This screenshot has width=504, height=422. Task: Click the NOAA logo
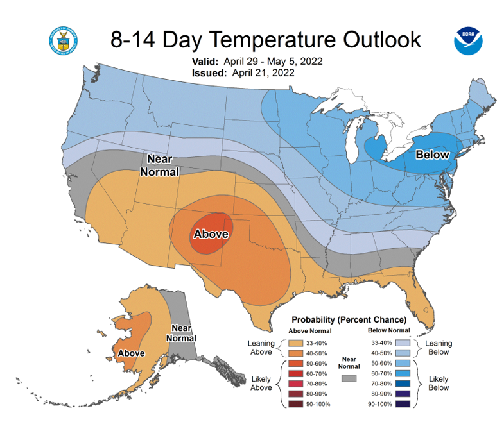pyautogui.click(x=468, y=41)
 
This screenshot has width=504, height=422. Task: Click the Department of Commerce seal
pyautogui.click(x=64, y=41)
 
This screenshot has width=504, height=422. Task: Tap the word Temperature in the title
pyautogui.click(x=274, y=40)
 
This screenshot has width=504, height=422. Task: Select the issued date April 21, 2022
pyautogui.click(x=263, y=73)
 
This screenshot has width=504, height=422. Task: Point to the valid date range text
pyautogui.click(x=273, y=62)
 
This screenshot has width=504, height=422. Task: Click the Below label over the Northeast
pyautogui.click(x=432, y=155)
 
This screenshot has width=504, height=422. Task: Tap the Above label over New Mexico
pyautogui.click(x=211, y=234)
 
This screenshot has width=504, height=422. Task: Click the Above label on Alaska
pyautogui.click(x=131, y=353)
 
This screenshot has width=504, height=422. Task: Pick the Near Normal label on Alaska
pyautogui.click(x=181, y=333)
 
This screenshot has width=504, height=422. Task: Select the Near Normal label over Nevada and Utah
pyautogui.click(x=160, y=165)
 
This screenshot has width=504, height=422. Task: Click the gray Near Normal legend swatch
pyautogui.click(x=349, y=378)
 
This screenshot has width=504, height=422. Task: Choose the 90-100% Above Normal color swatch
pyautogui.click(x=296, y=404)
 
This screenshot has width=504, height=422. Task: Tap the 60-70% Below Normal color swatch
pyautogui.click(x=403, y=373)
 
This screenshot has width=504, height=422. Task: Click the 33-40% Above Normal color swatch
pyautogui.click(x=296, y=343)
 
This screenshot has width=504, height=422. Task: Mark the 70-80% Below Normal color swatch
pyautogui.click(x=403, y=384)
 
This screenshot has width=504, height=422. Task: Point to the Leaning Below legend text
pyautogui.click(x=439, y=348)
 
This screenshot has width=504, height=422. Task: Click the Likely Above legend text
pyautogui.click(x=261, y=383)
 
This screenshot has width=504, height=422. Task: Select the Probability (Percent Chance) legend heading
pyautogui.click(x=349, y=320)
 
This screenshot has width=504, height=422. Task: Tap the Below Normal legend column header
pyautogui.click(x=389, y=330)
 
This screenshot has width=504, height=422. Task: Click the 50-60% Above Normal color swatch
pyautogui.click(x=296, y=364)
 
